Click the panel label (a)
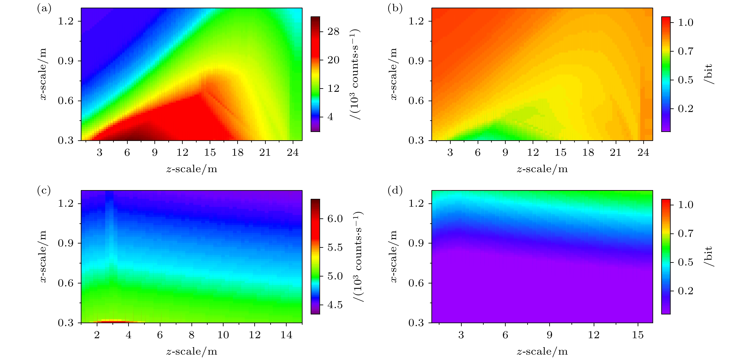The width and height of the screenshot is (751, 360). click(44, 9)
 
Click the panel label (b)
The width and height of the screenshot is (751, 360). click(395, 9)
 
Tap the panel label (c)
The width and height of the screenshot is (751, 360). click(44, 191)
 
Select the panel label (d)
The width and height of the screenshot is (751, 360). click(395, 191)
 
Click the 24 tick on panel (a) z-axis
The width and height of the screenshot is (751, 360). click(293, 152)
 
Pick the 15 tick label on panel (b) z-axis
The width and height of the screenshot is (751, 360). click(560, 152)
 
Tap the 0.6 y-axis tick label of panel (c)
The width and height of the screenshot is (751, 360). click(65, 283)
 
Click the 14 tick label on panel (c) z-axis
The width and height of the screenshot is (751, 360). click(286, 335)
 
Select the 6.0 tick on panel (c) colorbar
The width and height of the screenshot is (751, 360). click(335, 219)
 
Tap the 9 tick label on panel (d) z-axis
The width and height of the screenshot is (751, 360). click(549, 335)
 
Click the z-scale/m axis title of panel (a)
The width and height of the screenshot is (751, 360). click(191, 169)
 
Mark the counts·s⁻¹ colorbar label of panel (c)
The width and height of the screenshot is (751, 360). click(359, 257)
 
